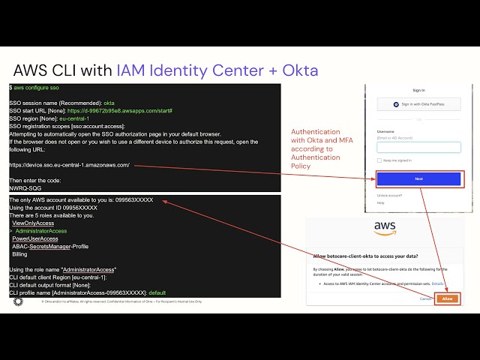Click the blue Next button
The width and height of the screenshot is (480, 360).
419,179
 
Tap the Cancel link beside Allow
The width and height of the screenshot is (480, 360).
425,298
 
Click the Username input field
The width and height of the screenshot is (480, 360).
419,147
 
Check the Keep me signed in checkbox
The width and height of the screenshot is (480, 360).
379,160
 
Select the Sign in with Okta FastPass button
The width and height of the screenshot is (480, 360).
419,104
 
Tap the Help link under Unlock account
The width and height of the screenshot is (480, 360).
381,202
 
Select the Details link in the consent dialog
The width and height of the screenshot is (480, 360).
437,284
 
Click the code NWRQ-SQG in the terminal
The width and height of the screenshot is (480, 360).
25,188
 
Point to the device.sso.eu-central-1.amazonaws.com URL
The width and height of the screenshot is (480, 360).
70,164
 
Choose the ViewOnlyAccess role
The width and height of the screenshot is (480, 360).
33,223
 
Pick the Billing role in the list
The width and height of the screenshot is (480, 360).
20,254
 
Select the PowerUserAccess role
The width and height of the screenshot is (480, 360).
35,238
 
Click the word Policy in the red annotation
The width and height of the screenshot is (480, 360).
301,166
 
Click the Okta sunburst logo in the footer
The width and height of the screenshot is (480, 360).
18,301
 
